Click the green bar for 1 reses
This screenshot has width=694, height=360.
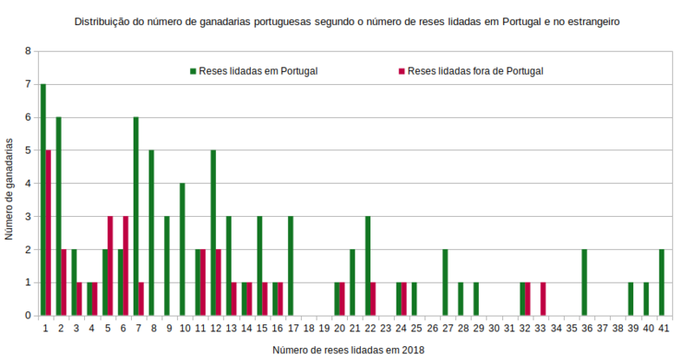tap(43, 200)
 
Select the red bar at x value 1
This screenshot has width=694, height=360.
tap(49, 233)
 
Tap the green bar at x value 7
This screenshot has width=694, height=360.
tap(135, 217)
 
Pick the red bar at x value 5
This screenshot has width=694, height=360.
tap(110, 265)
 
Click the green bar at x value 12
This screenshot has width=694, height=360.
tap(213, 233)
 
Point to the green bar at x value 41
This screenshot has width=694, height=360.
tap(661, 283)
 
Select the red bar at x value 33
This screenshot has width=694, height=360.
tap(543, 298)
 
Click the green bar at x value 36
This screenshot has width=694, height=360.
tap(584, 283)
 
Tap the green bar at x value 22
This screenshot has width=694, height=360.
tap(367, 266)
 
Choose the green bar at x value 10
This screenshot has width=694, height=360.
tap(182, 250)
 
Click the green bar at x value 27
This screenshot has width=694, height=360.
tap(444, 283)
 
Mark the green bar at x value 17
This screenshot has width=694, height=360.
tap(290, 266)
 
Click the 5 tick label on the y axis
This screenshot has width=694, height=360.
tap(28, 150)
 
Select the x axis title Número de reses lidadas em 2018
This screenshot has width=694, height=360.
tap(349, 349)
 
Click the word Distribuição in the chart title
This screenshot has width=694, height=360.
tap(104, 20)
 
